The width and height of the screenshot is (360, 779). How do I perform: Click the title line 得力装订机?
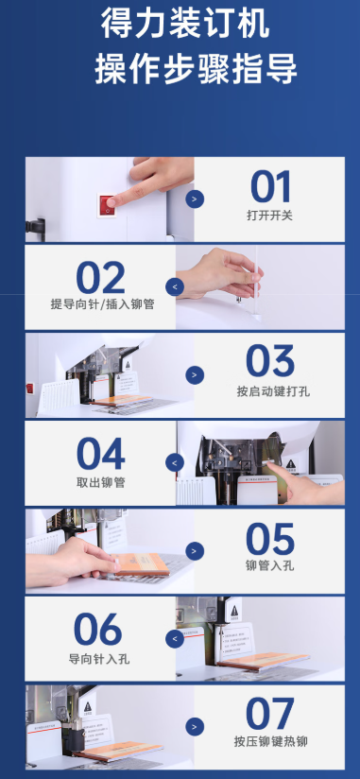[x=186, y=23]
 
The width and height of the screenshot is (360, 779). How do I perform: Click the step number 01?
[x=270, y=187]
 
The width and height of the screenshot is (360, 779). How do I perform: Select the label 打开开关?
[x=269, y=216]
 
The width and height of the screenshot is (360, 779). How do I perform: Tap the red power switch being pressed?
[x=108, y=205]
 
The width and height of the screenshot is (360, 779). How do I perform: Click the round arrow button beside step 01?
[x=195, y=199]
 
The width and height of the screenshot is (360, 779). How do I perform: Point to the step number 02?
[x=100, y=278]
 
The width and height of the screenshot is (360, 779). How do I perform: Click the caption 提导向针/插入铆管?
[x=102, y=304]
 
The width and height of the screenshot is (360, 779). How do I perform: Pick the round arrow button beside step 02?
[x=175, y=286]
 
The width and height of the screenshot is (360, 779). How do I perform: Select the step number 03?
[x=270, y=362]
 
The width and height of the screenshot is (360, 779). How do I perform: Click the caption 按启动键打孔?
[x=273, y=391]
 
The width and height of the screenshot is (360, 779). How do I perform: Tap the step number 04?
[x=101, y=454]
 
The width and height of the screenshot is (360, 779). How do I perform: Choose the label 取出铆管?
[x=101, y=482]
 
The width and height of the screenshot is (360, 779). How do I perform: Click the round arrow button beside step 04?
[x=175, y=463]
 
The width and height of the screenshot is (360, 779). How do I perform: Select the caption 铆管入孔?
[x=270, y=566]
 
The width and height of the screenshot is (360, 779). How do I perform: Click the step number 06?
[x=98, y=630]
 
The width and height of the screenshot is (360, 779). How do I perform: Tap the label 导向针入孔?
[x=99, y=659]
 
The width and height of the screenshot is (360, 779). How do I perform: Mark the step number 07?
[x=270, y=714]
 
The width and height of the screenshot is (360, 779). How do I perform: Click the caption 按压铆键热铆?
[x=271, y=742]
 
